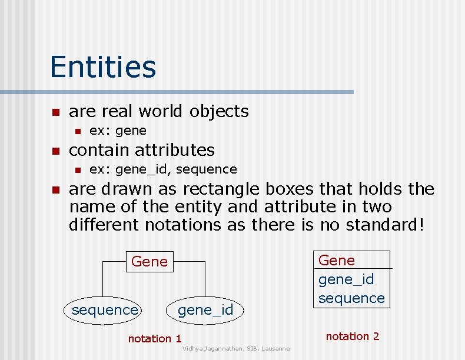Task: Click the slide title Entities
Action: [x=103, y=66]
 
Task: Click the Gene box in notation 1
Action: [x=150, y=261]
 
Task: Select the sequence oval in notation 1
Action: [x=105, y=310]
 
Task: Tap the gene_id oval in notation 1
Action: [x=205, y=310]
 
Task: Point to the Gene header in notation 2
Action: [x=337, y=260]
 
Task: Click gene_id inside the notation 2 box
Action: [x=346, y=279]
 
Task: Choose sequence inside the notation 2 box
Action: [x=351, y=298]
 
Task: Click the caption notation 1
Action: [x=155, y=338]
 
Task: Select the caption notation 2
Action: [x=353, y=336]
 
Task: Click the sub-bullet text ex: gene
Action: [x=118, y=130]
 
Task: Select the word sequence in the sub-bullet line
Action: [x=206, y=169]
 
